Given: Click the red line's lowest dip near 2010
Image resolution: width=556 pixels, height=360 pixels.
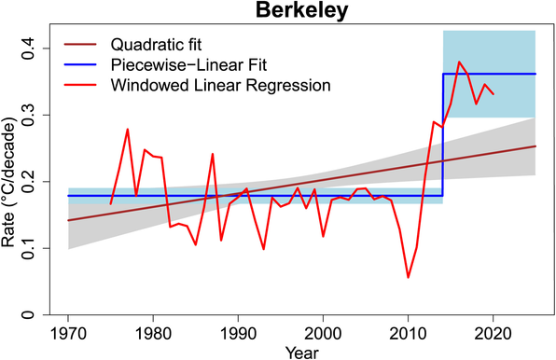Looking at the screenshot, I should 409,277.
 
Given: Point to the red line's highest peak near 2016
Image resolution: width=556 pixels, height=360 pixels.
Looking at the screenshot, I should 459,62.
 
